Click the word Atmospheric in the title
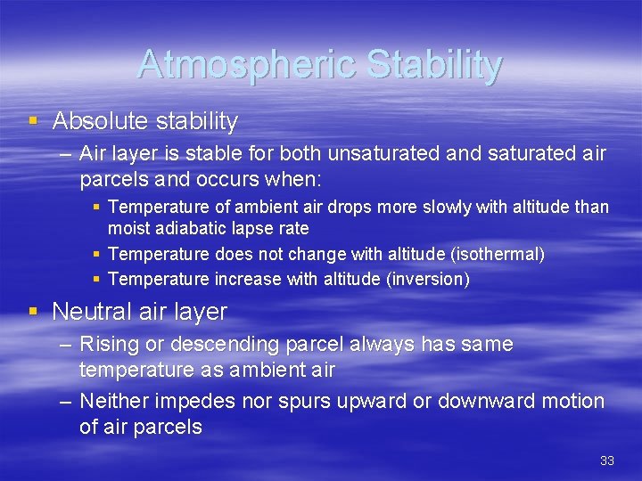[x=235, y=65]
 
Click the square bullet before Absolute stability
[x=34, y=120]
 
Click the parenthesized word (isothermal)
[x=498, y=254]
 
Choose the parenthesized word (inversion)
[x=427, y=279]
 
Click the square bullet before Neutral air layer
[x=34, y=312]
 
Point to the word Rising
[x=106, y=344]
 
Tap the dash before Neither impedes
[x=66, y=401]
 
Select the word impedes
[x=192, y=401]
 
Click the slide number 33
[x=606, y=461]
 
